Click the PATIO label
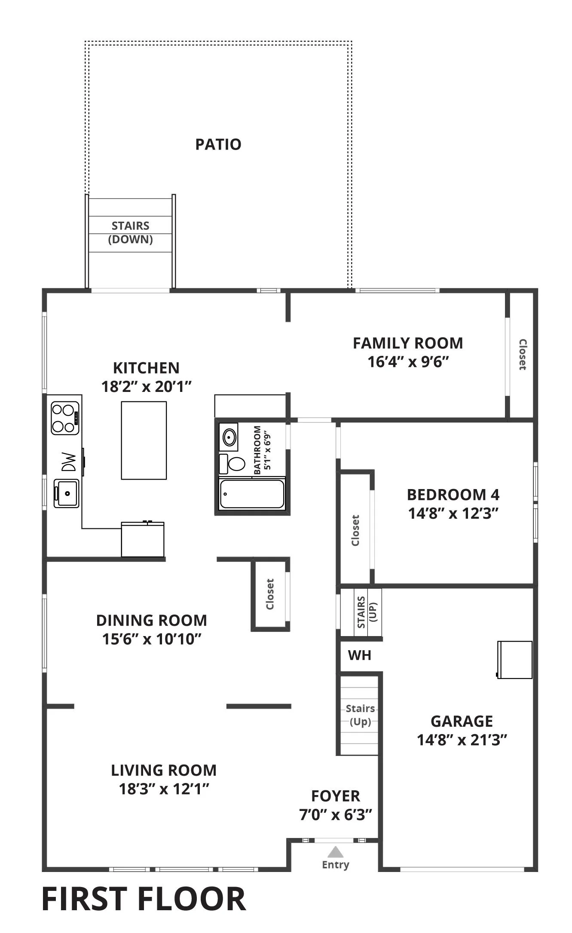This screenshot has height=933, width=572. point(218,144)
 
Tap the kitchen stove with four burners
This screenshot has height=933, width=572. point(65,418)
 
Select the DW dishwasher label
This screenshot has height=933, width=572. point(69,462)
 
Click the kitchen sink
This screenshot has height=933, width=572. point(67,493)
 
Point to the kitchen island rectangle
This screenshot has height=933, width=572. point(144,440)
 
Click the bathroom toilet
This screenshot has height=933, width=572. point(232,463)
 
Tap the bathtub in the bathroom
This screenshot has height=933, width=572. point(252,494)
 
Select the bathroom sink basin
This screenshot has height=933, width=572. point(229,437)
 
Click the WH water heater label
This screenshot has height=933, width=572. point(360,655)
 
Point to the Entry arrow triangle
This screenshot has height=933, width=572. point(336,852)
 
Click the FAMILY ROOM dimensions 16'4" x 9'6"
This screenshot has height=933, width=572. point(408,362)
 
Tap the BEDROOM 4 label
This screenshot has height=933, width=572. point(453,495)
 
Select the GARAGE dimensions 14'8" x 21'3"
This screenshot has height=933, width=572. point(462,740)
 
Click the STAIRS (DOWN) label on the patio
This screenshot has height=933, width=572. point(131,232)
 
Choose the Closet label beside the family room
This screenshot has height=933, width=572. point(523,355)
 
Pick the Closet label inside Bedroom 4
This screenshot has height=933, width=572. point(355,530)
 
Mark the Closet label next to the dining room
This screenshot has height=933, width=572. point(269,594)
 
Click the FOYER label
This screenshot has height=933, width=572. point(336,796)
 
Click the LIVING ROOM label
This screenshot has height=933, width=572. point(164,770)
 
